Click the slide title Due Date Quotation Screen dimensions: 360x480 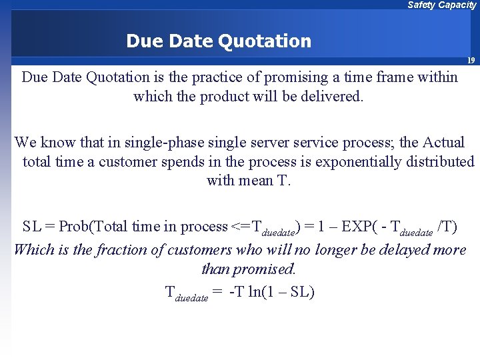click(219, 41)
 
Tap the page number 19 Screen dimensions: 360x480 click(471, 61)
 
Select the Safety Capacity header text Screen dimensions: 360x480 click(441, 5)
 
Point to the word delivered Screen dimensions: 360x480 click(331, 96)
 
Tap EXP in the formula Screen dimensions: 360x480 click(359, 227)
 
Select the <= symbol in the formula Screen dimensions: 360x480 click(239, 227)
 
